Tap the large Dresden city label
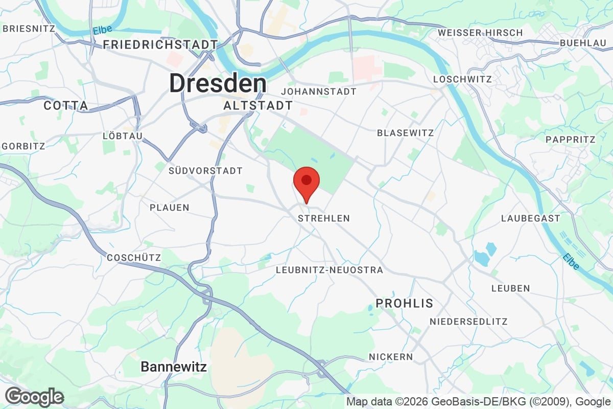pyautogui.click(x=218, y=83)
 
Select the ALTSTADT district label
pyautogui.click(x=258, y=106)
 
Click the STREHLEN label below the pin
pyautogui.click(x=324, y=218)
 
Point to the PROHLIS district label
pyautogui.click(x=404, y=303)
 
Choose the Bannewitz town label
pyautogui.click(x=174, y=367)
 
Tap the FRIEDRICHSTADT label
pyautogui.click(x=160, y=45)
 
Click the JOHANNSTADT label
pyautogui.click(x=318, y=92)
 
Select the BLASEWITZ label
pyautogui.click(x=405, y=133)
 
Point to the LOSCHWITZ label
pyautogui.click(x=462, y=79)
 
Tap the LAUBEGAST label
pyautogui.click(x=530, y=218)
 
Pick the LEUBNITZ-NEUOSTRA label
pyautogui.click(x=329, y=269)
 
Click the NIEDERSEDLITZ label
pyautogui.click(x=468, y=322)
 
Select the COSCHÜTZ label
pyautogui.click(x=134, y=258)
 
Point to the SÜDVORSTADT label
pyautogui.click(x=205, y=171)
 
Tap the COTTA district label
pyautogui.click(x=66, y=106)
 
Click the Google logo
pyautogui.click(x=35, y=397)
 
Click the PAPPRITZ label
pyautogui.click(x=571, y=140)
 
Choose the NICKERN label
pyautogui.click(x=391, y=356)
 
